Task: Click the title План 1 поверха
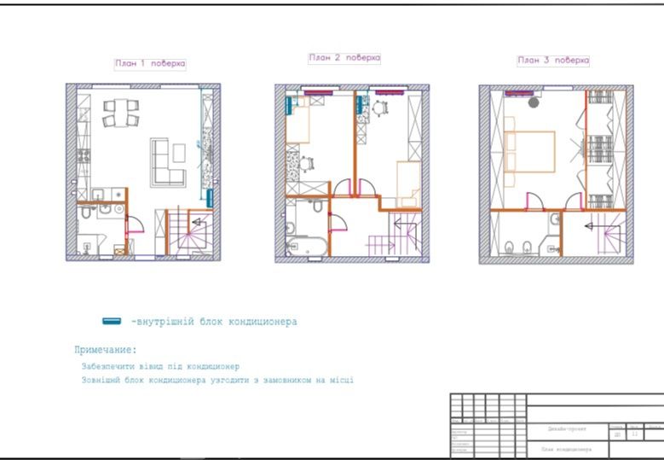point(150,63)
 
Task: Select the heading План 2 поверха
point(344,58)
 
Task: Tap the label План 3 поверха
point(552,61)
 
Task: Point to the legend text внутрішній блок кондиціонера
point(214,322)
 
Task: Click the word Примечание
point(105,350)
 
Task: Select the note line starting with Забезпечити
point(161,365)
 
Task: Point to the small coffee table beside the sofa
point(179,153)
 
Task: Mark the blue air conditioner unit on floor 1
point(210,197)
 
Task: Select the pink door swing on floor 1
point(134,224)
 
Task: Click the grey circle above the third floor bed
point(534,102)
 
